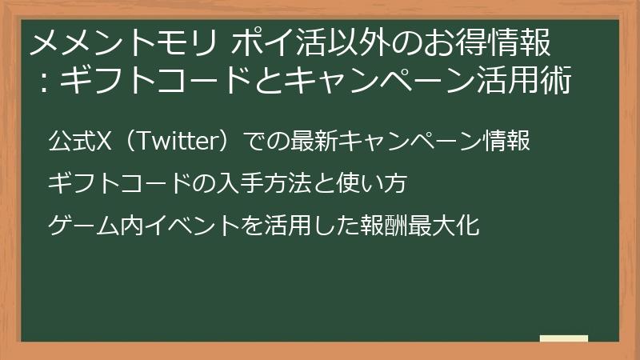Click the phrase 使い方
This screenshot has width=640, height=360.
coord(380,184)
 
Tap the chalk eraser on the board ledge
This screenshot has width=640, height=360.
coord(563,338)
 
